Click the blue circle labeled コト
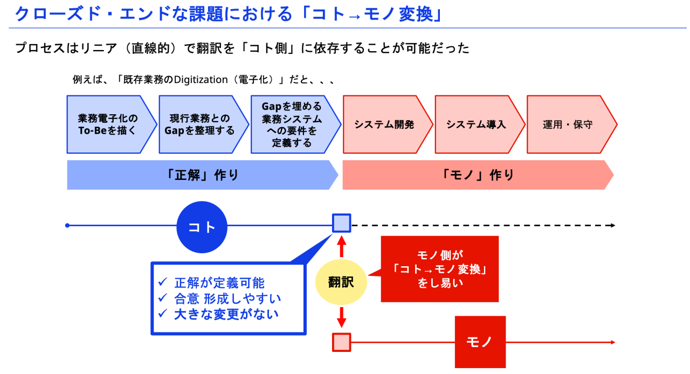tap(202, 227)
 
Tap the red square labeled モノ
tap(480, 342)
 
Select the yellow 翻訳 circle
tap(341, 281)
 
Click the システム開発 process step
tap(385, 124)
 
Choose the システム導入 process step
tap(477, 124)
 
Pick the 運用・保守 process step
tap(569, 124)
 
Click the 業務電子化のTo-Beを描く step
tap(108, 124)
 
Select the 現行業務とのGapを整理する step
tap(201, 124)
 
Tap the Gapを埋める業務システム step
tap(293, 124)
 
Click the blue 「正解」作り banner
tap(202, 175)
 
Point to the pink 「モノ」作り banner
tap(477, 175)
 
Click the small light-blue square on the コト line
tap(341, 223)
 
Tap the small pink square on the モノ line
tap(341, 342)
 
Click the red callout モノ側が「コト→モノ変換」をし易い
tap(440, 268)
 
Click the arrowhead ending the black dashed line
tap(612, 225)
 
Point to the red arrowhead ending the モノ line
tap(612, 342)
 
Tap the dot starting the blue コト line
tap(67, 225)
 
